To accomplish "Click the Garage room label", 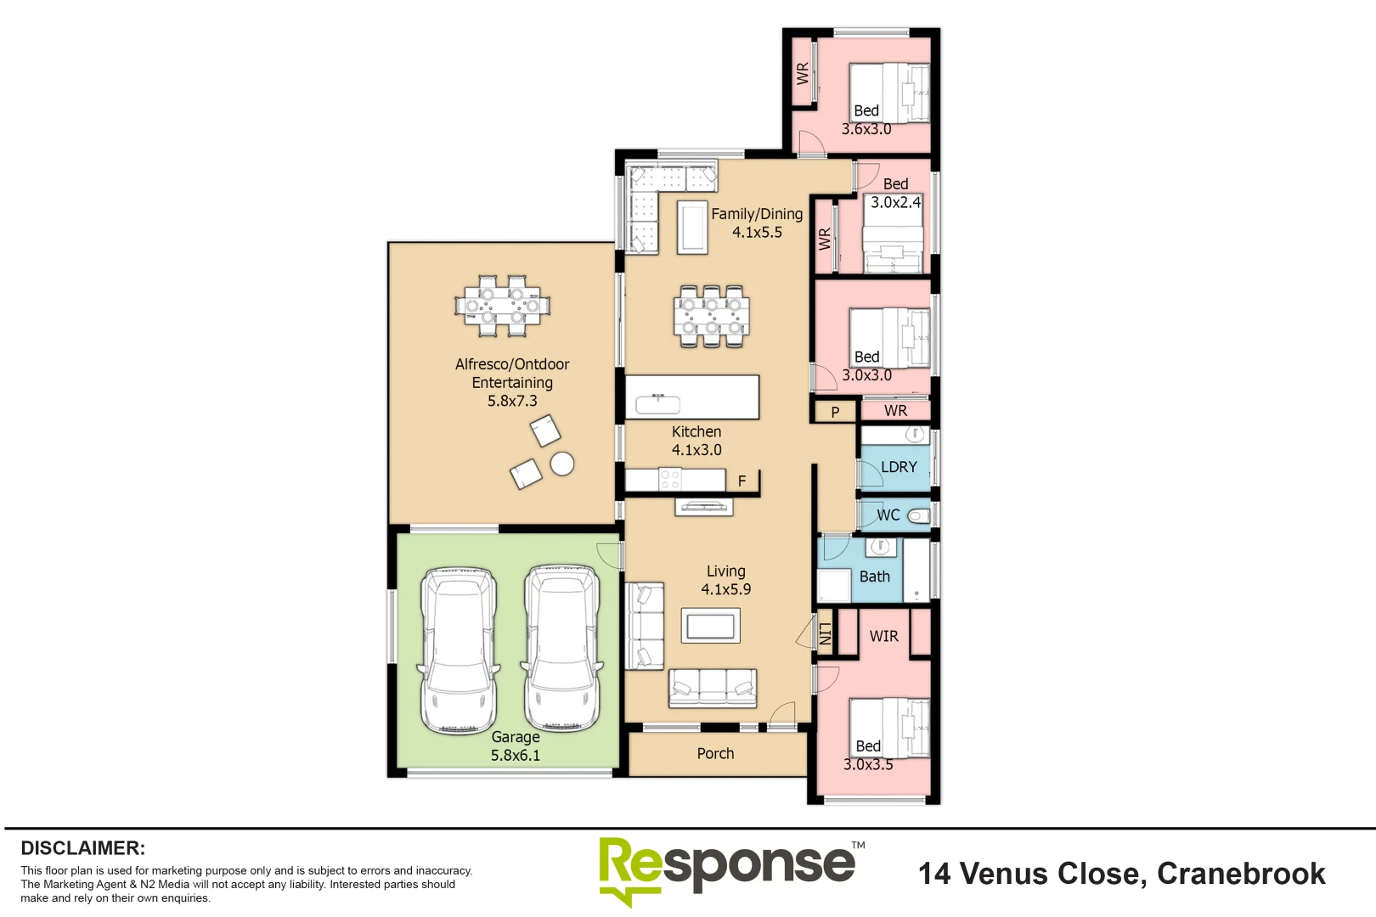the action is pyautogui.click(x=516, y=737).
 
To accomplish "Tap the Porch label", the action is pyautogui.click(x=716, y=754).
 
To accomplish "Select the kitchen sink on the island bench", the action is pyautogui.click(x=658, y=404).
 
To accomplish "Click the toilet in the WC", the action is pyautogui.click(x=919, y=516).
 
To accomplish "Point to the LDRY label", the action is pyautogui.click(x=899, y=467).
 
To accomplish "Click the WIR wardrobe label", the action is pyautogui.click(x=884, y=636).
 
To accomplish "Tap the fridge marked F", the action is pyautogui.click(x=742, y=481).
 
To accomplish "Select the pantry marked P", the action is pyautogui.click(x=836, y=412).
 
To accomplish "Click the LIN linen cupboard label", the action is pyautogui.click(x=825, y=634).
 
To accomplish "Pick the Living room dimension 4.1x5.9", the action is pyautogui.click(x=726, y=589).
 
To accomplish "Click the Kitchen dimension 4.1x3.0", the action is pyautogui.click(x=696, y=450).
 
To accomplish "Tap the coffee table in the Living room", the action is pyautogui.click(x=711, y=626).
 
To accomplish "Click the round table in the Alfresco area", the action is pyautogui.click(x=562, y=464).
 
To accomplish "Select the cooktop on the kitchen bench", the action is pyautogui.click(x=669, y=479).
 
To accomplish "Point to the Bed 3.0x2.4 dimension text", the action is pyautogui.click(x=895, y=202).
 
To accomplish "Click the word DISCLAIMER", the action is pyautogui.click(x=83, y=848).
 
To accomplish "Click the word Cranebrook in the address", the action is pyautogui.click(x=1242, y=874).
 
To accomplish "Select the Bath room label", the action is pyautogui.click(x=875, y=577).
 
